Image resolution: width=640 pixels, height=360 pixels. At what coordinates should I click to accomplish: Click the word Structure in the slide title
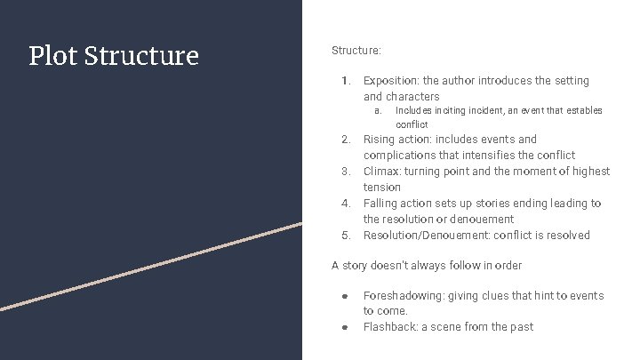point(142,56)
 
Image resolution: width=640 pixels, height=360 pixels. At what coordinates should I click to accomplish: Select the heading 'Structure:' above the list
point(356,52)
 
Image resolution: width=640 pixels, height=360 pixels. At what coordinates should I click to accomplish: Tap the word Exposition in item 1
point(391,81)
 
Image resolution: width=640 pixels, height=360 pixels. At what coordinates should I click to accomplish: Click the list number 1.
point(346,81)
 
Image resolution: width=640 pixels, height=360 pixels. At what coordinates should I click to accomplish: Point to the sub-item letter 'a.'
point(377,111)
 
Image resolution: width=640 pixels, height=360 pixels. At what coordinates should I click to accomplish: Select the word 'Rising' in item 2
point(379,140)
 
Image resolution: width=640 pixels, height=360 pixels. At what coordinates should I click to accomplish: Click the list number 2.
point(346,140)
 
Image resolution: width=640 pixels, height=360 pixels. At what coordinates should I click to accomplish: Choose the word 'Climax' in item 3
point(383,172)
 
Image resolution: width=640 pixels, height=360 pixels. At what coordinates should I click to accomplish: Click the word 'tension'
point(382,188)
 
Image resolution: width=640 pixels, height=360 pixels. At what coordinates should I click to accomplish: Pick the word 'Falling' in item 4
point(381,204)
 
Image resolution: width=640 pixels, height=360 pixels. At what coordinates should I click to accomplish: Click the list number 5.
point(346,236)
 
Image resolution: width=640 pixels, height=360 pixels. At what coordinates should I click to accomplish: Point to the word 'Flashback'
point(389,327)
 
